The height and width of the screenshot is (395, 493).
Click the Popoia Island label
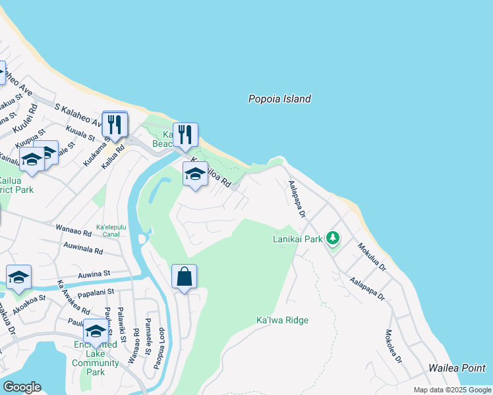pyautogui.click(x=279, y=99)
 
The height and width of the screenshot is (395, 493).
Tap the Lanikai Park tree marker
pyautogui.click(x=333, y=238)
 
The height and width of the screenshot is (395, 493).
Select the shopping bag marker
pyautogui.click(x=185, y=277)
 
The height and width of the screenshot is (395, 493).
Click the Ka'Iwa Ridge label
pyautogui.click(x=282, y=321)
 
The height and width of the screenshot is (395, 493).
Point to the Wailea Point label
pyautogui.click(x=457, y=369)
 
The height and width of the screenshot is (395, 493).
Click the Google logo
pyautogui.click(x=22, y=387)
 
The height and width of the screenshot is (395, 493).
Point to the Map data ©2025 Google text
pyautogui.click(x=451, y=390)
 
